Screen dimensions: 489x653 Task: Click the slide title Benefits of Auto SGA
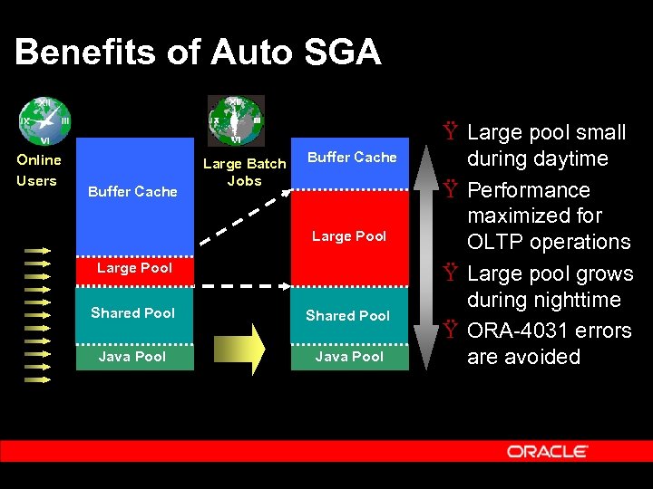point(198,53)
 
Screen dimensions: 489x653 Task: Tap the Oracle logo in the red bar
point(548,451)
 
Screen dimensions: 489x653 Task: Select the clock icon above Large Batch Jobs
point(236,119)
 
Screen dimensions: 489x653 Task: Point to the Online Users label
point(38,170)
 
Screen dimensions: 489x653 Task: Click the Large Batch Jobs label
point(244,172)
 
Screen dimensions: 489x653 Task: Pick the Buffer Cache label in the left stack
point(132,191)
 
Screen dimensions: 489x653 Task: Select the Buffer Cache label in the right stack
point(352,158)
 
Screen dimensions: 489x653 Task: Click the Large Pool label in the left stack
point(134,268)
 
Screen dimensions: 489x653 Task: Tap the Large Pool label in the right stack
point(349,236)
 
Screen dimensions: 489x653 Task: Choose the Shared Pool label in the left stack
point(132,313)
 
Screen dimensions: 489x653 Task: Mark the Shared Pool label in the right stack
point(347,316)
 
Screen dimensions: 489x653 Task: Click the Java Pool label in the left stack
point(132,357)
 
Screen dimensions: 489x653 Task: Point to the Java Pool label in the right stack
point(349,357)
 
